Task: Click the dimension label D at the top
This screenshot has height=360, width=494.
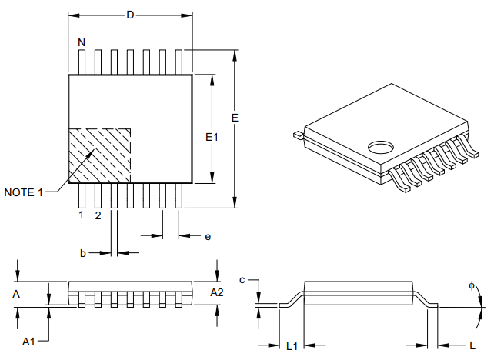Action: (129, 15)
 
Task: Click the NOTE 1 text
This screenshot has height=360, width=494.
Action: (24, 192)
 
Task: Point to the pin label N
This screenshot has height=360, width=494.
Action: (81, 42)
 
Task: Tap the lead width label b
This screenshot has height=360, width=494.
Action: (83, 252)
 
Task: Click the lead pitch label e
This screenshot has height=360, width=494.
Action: (207, 236)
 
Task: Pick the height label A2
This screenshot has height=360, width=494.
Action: (217, 292)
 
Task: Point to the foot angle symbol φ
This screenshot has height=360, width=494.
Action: (471, 286)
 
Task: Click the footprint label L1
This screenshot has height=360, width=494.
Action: (292, 346)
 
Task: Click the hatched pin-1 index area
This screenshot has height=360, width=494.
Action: (99, 154)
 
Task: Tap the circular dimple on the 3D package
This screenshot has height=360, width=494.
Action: (380, 145)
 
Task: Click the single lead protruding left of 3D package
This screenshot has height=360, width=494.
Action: (297, 135)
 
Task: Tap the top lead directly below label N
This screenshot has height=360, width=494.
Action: (82, 62)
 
